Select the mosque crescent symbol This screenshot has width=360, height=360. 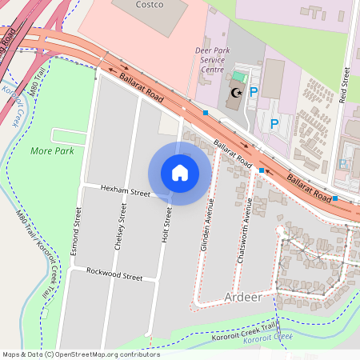[x=236, y=93]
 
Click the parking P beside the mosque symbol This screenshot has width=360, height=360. [x=254, y=92]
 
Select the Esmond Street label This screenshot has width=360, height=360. [x=78, y=231]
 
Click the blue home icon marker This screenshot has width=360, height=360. [x=180, y=173]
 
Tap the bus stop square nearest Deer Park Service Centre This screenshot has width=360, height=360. [x=206, y=113]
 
